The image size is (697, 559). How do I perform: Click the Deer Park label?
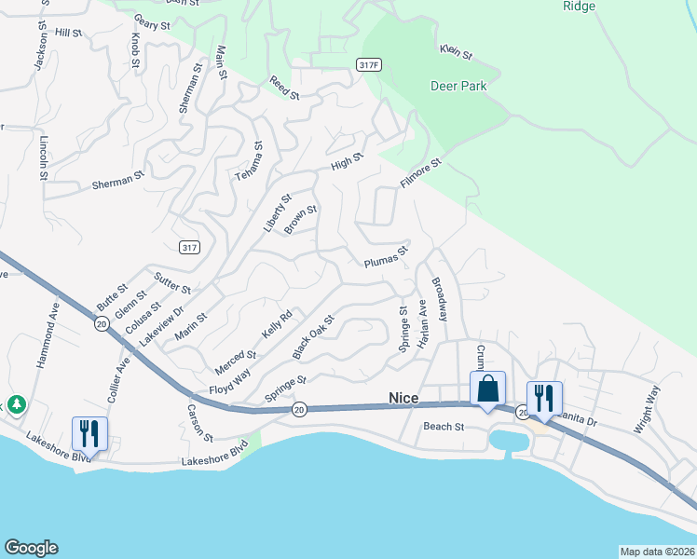coord(458,87)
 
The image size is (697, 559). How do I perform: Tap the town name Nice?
coord(404,398)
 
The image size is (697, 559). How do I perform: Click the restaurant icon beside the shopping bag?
coord(545,399)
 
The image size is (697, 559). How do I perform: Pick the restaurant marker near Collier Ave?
coord(90,433)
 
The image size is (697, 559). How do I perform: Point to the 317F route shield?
coord(369,63)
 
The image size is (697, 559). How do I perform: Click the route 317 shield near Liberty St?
coord(189,247)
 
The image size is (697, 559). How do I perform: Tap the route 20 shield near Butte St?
coord(101,323)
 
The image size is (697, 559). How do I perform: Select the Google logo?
coord(31,548)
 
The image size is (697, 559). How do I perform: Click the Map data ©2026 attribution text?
coord(656,551)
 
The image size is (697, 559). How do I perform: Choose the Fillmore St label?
coord(419,174)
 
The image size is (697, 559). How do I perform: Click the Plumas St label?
coord(387,256)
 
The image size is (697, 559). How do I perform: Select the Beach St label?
coord(444,427)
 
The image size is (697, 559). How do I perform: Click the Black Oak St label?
coord(313,337)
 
